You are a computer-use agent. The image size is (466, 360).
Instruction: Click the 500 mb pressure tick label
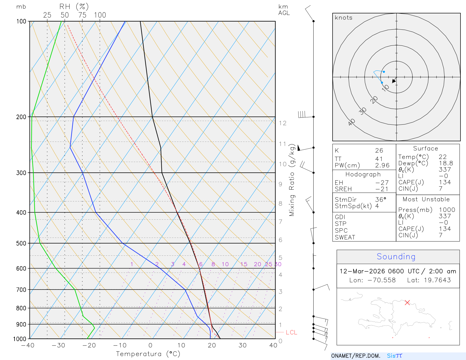(21, 243)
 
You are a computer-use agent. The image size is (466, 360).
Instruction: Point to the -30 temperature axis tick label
(58, 345)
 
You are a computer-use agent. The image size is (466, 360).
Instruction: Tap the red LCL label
(291, 332)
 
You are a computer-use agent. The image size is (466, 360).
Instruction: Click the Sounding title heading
(396, 257)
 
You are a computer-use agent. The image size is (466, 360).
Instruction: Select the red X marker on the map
(407, 303)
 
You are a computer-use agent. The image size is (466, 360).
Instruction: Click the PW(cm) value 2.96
(382, 165)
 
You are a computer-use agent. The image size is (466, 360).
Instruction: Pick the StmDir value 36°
(381, 200)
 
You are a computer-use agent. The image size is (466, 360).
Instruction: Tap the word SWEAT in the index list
(345, 237)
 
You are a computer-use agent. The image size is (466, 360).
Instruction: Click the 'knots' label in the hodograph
(344, 18)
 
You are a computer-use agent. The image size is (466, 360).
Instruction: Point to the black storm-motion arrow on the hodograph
(394, 80)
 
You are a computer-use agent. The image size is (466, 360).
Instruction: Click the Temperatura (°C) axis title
(148, 354)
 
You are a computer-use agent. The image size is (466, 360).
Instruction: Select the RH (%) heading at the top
(74, 7)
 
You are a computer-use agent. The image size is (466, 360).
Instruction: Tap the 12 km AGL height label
(283, 123)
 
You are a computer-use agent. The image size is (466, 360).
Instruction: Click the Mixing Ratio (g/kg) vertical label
(292, 180)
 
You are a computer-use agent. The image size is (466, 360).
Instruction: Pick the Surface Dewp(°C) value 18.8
(446, 163)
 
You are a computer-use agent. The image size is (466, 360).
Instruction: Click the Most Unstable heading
(426, 200)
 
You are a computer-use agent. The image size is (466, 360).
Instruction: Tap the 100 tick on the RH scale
(100, 15)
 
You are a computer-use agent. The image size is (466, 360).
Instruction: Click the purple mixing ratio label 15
(244, 264)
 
